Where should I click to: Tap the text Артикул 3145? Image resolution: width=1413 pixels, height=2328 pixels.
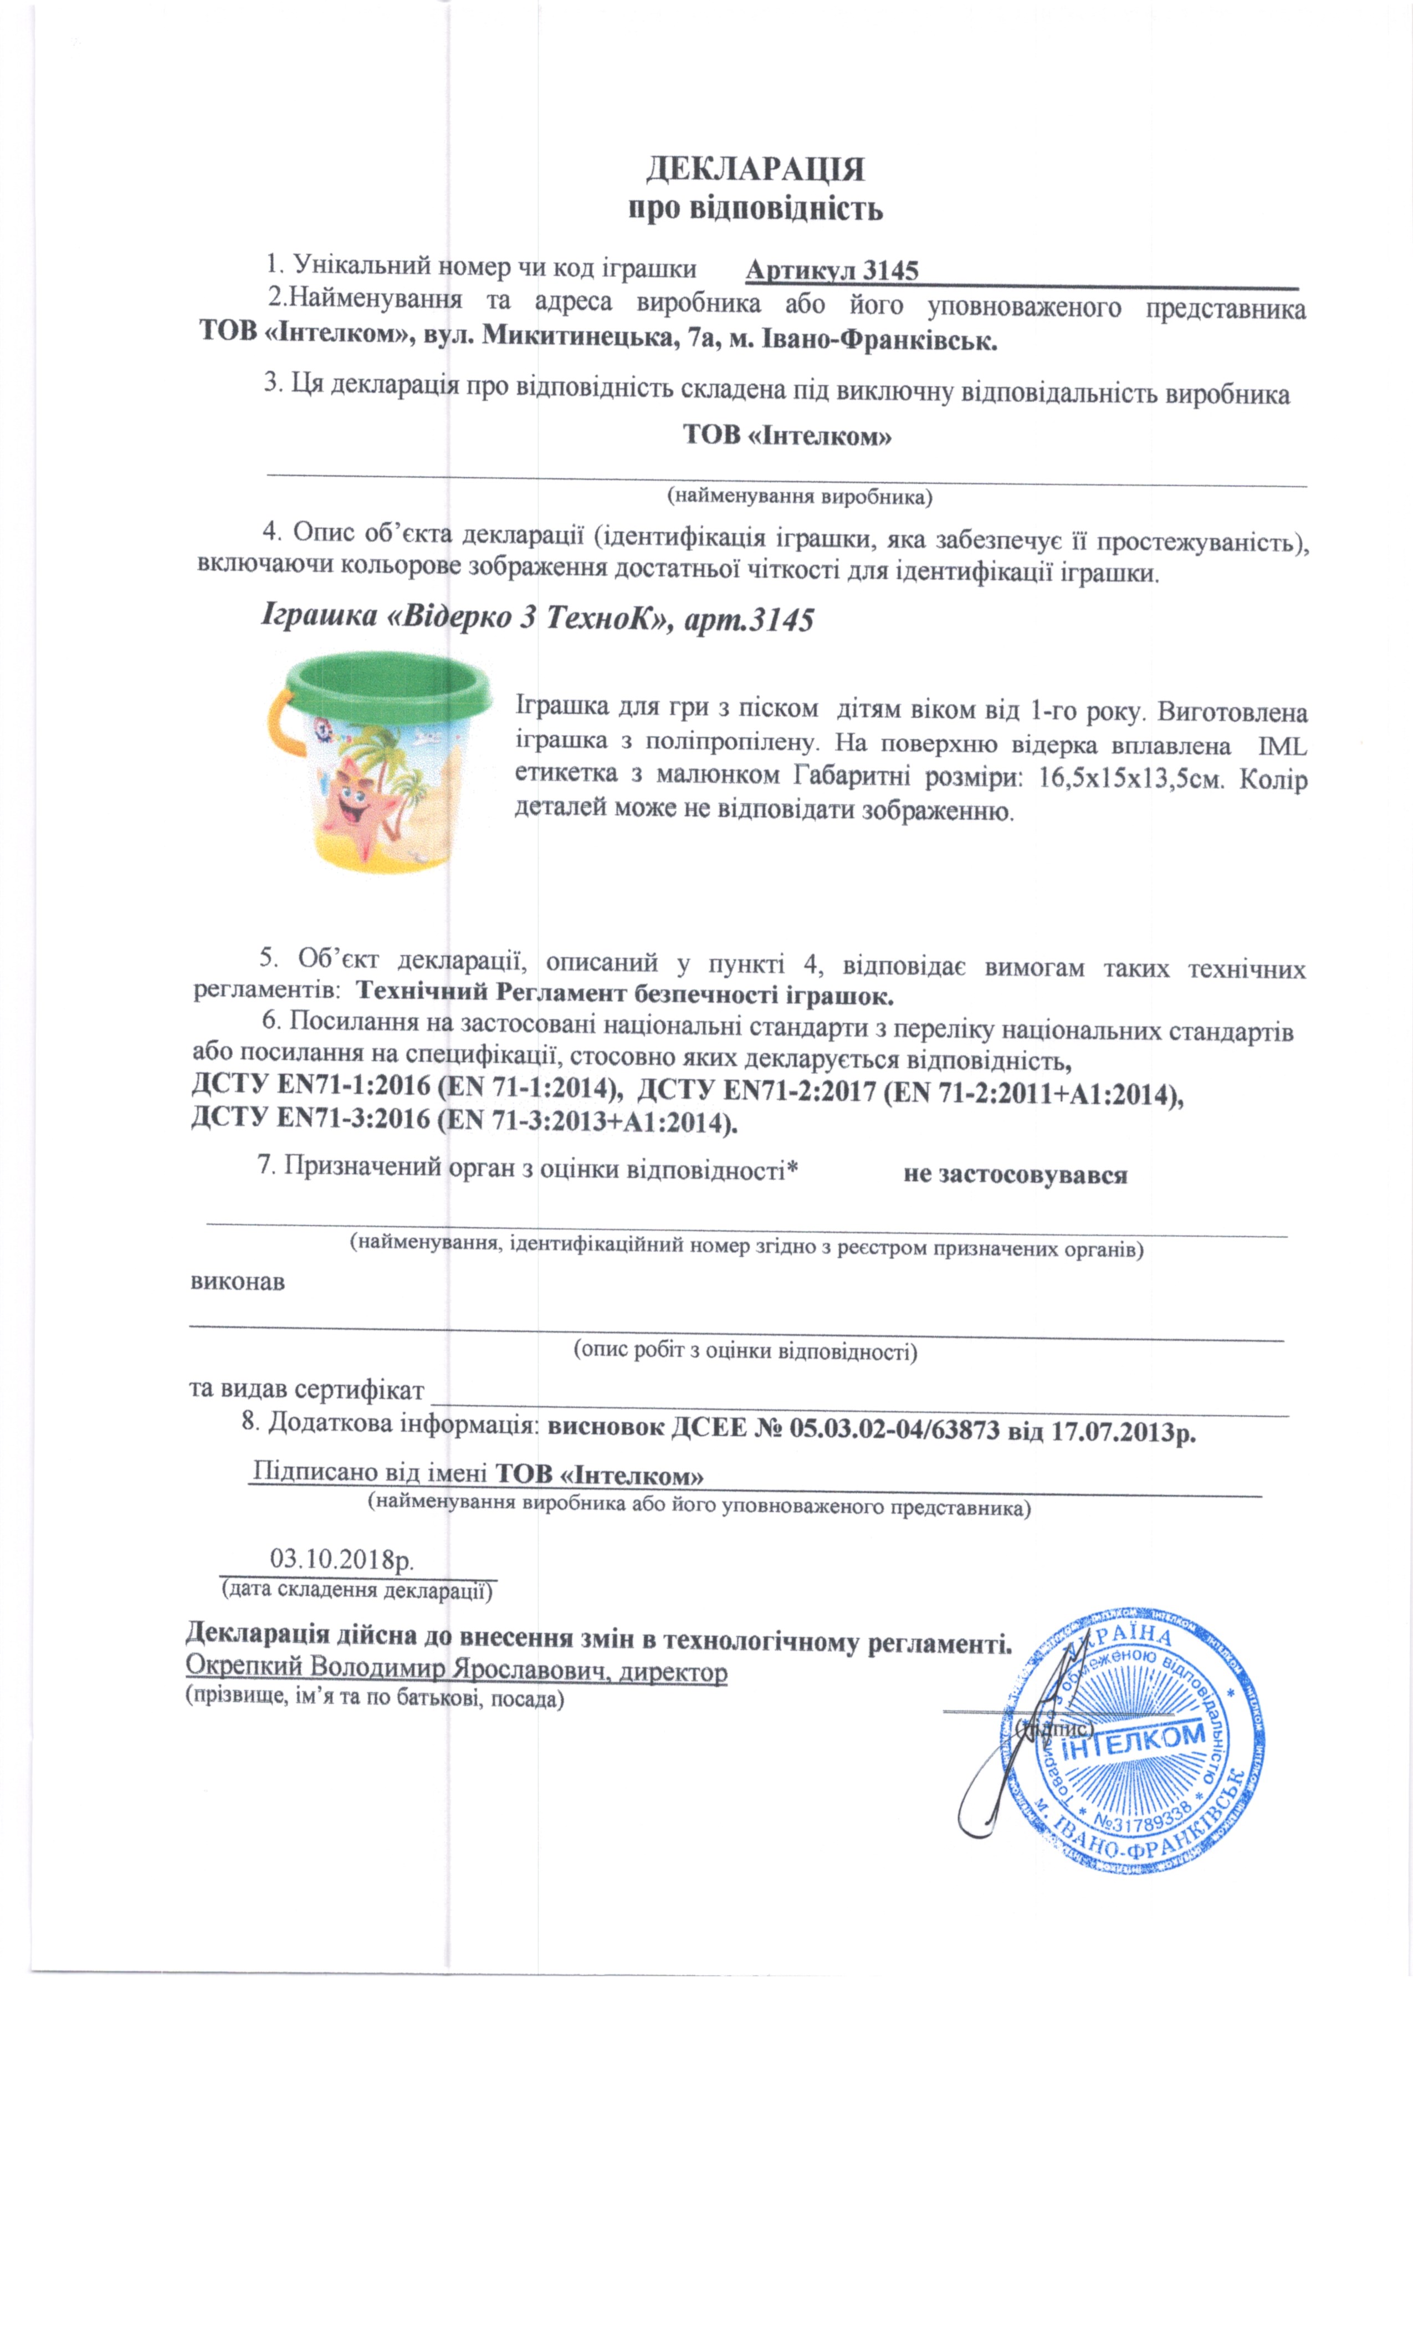click(x=831, y=271)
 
